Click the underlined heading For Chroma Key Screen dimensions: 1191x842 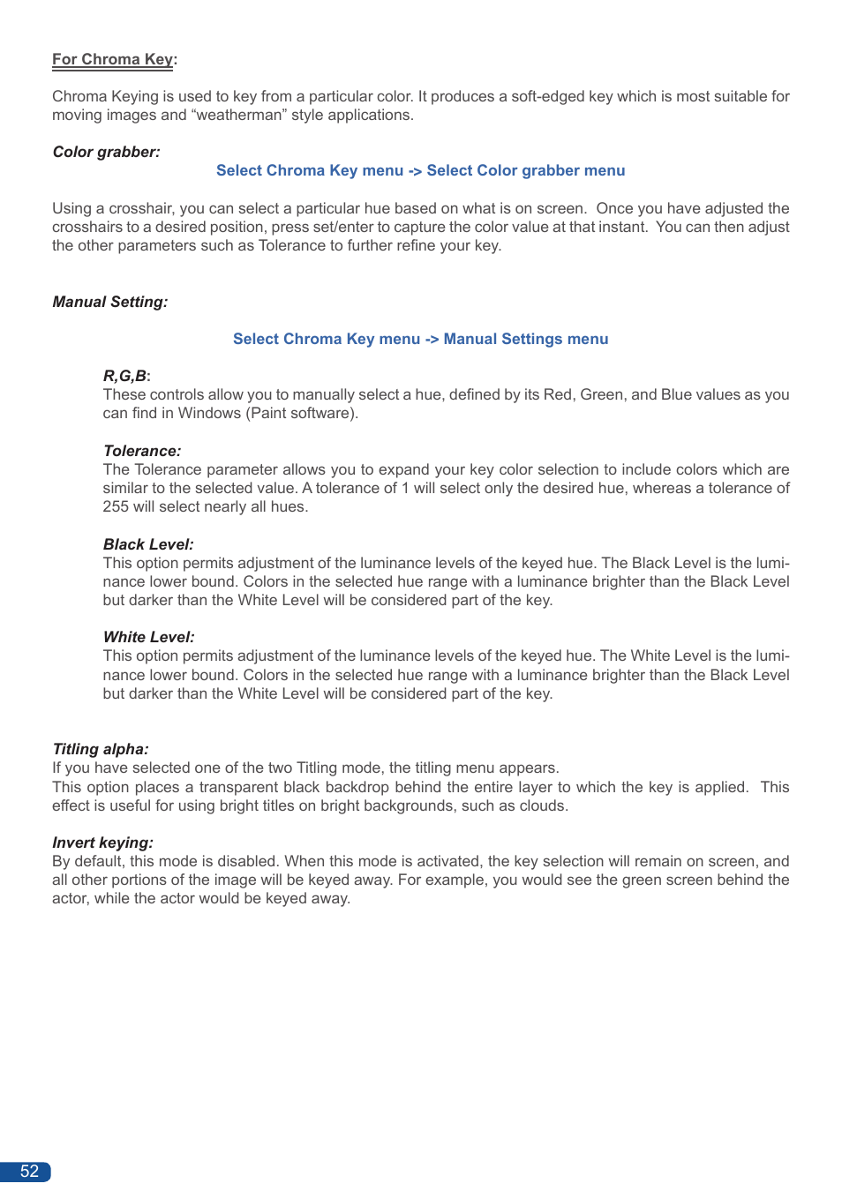pos(112,59)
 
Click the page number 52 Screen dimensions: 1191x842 pos(29,1171)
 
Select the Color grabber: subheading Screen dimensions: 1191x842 pos(106,152)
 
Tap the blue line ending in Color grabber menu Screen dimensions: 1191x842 pos(420,170)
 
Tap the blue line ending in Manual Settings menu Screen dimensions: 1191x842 pos(420,339)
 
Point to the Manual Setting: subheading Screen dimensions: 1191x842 pos(109,302)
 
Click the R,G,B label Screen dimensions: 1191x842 pos(125,376)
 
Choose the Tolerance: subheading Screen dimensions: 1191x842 pos(141,451)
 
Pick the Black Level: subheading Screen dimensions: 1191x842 pos(147,544)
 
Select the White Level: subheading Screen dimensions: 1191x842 pos(148,637)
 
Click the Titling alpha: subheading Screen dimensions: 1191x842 pos(100,749)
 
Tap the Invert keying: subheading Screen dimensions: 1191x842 pos(102,843)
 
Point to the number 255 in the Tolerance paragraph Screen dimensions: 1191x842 pos(116,506)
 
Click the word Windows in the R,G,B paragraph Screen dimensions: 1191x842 pos(209,413)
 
